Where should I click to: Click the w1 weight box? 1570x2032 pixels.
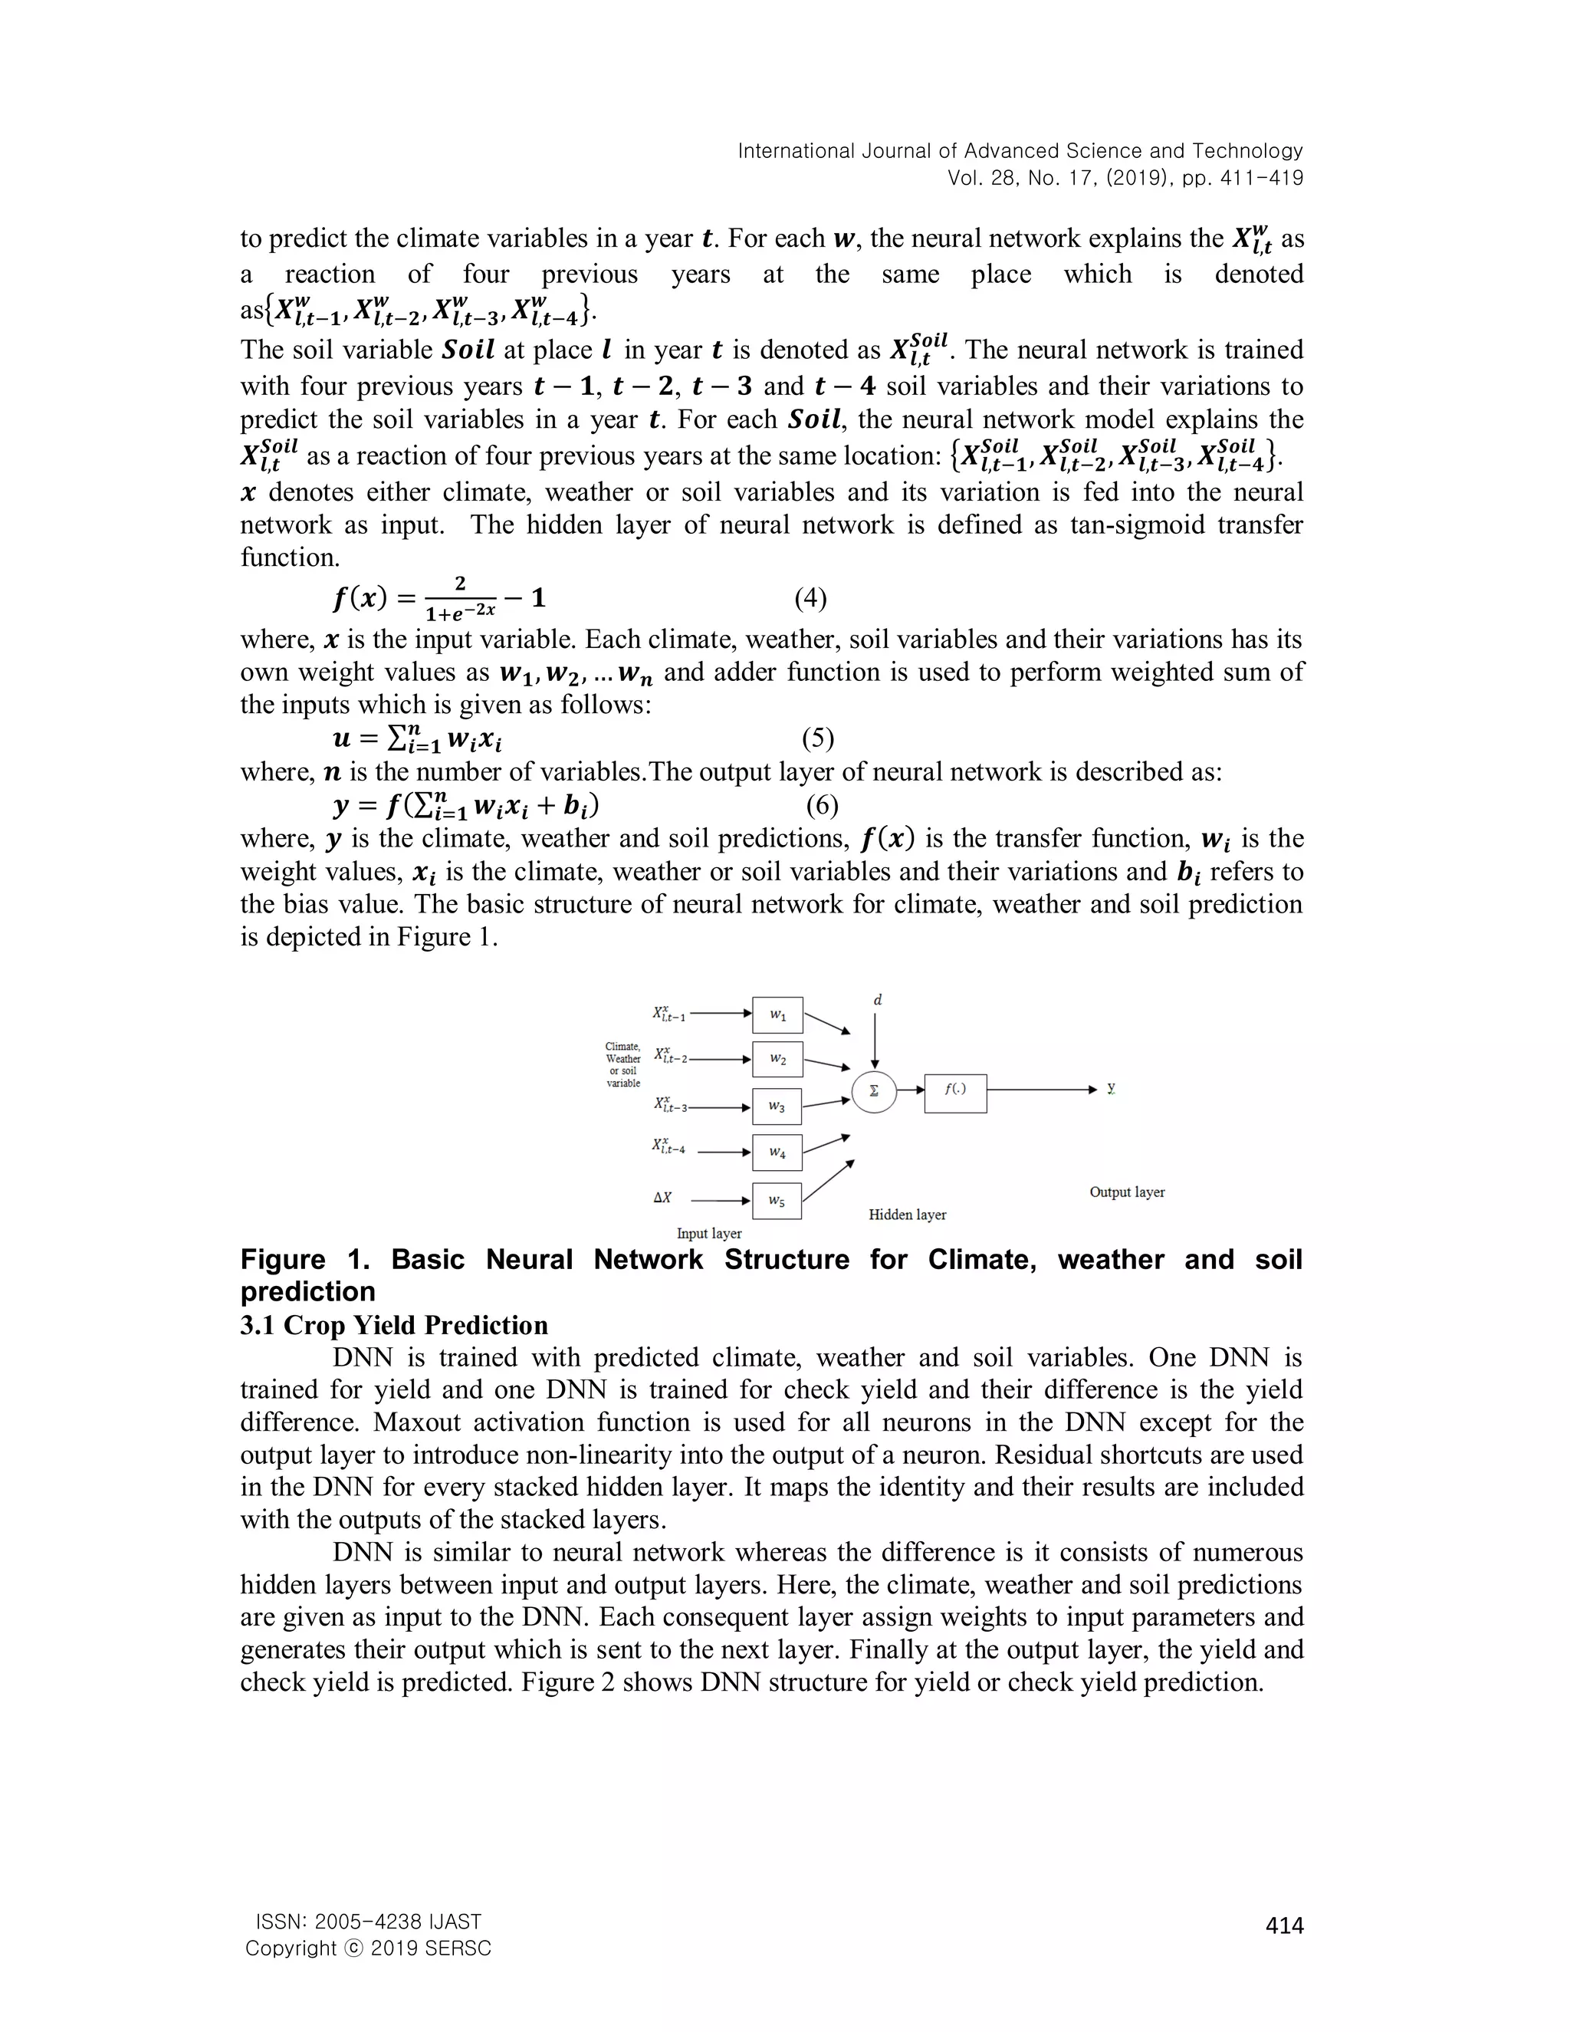pos(777,1015)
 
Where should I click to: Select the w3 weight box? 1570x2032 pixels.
pos(777,1106)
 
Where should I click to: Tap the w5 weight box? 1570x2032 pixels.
pos(777,1200)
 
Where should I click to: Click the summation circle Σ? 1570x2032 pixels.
pos(874,1091)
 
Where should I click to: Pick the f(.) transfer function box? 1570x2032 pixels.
pos(955,1092)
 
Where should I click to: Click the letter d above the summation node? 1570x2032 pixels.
pos(877,1000)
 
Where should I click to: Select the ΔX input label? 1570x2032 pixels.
pos(662,1198)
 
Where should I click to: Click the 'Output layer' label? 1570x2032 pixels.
pos(1126,1192)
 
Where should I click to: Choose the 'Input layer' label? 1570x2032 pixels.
pos(709,1233)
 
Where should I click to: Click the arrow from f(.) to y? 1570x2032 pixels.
pos(1042,1090)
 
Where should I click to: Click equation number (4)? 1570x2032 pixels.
pos(810,598)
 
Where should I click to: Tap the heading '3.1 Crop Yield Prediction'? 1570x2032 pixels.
pos(393,1325)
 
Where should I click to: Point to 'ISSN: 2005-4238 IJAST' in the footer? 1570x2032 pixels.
pos(368,1922)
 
